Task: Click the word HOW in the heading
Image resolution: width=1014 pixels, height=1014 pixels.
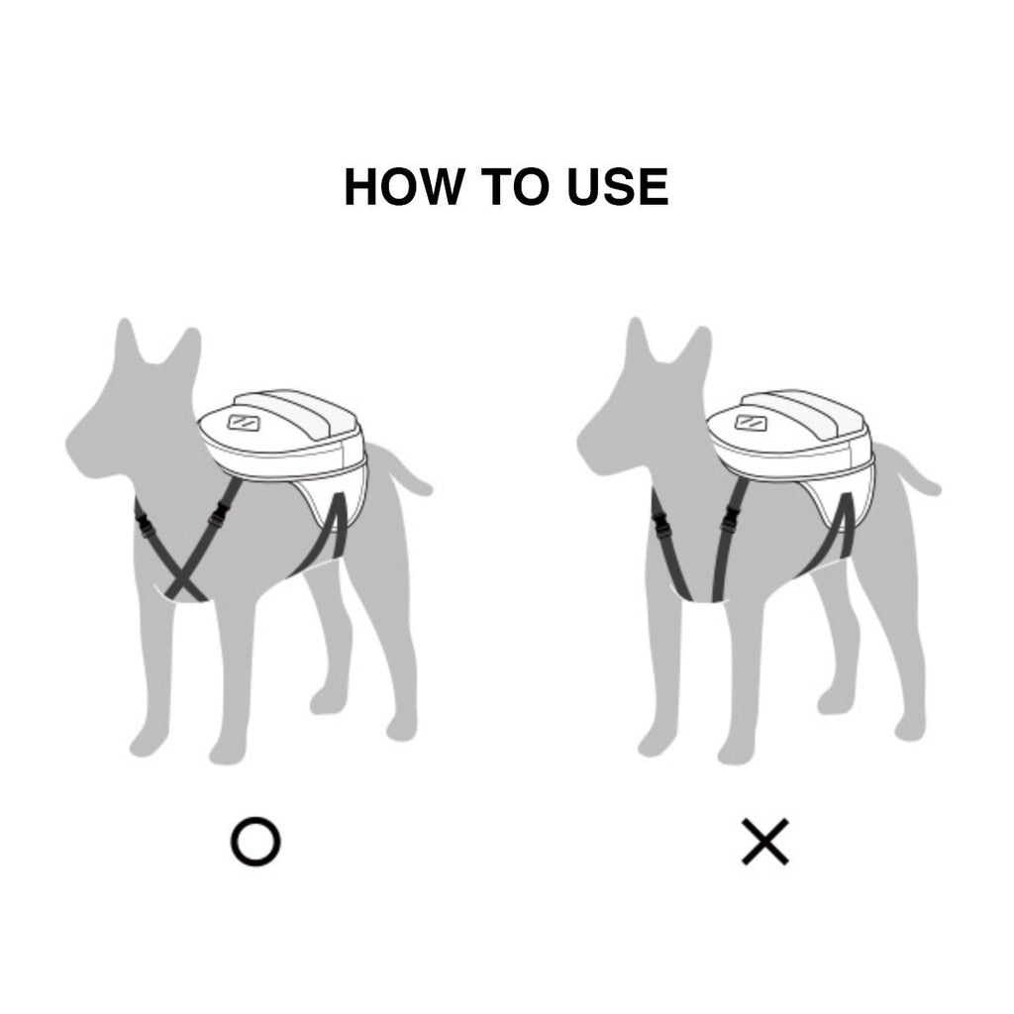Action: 404,186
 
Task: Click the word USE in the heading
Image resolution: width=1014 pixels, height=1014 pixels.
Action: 618,186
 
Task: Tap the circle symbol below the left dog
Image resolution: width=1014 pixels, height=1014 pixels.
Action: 255,842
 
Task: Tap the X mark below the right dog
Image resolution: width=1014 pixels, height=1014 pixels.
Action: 765,842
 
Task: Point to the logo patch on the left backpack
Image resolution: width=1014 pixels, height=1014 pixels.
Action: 244,422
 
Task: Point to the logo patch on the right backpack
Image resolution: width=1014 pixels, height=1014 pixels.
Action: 752,422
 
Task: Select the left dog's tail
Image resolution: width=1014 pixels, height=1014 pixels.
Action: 400,468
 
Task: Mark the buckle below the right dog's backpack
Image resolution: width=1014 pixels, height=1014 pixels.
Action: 732,517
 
